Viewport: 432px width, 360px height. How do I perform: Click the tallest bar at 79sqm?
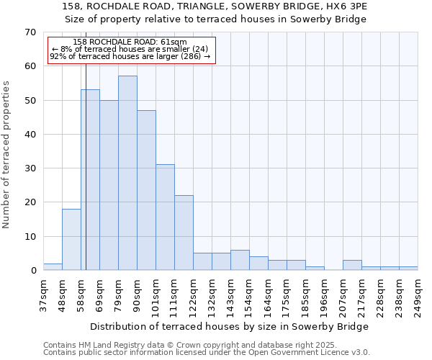(127, 173)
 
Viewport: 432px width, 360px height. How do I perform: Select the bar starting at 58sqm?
(90, 180)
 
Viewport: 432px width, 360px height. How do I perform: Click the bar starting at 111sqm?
(184, 233)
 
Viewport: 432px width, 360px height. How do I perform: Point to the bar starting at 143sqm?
(240, 260)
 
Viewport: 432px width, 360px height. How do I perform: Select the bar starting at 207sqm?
(352, 265)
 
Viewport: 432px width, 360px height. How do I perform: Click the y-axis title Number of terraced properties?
(6, 155)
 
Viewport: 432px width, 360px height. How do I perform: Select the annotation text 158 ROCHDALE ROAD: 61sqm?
(130, 42)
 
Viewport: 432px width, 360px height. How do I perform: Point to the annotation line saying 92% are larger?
(130, 56)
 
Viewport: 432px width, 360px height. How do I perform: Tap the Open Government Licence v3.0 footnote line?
(207, 352)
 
